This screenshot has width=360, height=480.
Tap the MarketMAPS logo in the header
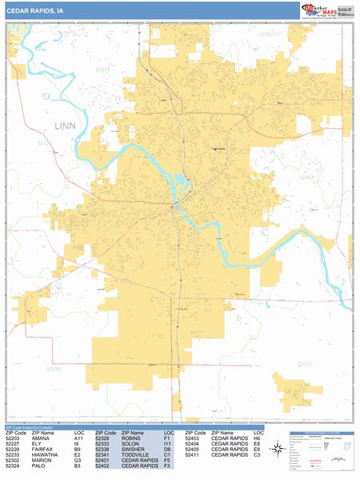tap(327, 10)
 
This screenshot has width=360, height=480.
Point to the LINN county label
tap(70, 126)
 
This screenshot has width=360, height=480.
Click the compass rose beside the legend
tap(277, 449)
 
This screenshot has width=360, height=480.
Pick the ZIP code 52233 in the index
tap(13, 455)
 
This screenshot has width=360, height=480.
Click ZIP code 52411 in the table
tap(192, 455)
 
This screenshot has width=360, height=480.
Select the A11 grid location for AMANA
tap(78, 438)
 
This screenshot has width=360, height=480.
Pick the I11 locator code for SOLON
tap(167, 444)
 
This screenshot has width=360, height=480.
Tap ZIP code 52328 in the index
tap(102, 438)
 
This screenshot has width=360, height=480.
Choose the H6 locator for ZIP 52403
tap(256, 438)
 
